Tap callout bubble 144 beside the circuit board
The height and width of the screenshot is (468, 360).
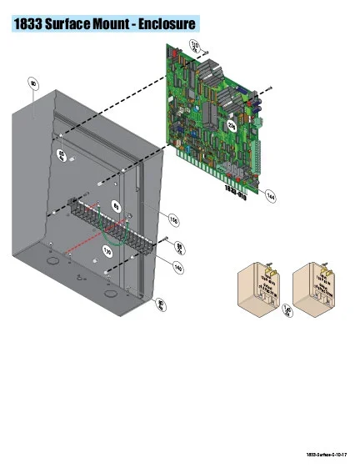[x=271, y=196]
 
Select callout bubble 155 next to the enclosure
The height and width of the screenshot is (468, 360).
[x=173, y=220]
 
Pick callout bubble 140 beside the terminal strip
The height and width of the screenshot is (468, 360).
[x=178, y=267]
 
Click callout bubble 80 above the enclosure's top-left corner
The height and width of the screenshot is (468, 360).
[x=33, y=84]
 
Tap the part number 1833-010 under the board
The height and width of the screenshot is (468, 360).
[x=234, y=189]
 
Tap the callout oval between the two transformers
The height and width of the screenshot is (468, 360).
[x=287, y=314]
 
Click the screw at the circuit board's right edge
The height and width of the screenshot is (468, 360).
[x=270, y=88]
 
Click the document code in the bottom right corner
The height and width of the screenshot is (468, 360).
[x=327, y=455]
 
